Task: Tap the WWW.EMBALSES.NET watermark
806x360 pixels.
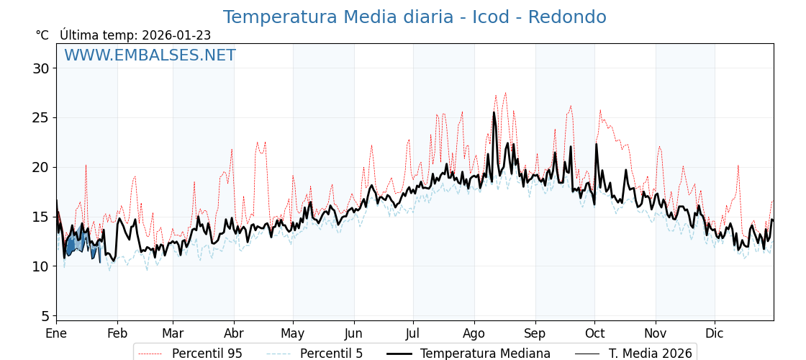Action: point(150,55)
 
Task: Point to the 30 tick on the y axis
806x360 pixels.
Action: point(40,68)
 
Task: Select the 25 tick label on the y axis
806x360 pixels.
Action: point(40,117)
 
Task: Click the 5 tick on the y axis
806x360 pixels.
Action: point(45,316)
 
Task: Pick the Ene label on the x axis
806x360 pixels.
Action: point(56,333)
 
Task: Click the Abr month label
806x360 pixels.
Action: point(234,333)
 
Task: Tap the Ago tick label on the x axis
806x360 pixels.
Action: point(474,333)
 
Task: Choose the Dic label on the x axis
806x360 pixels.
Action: point(715,333)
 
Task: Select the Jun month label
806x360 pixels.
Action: point(353,333)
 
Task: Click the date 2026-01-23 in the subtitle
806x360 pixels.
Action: point(176,35)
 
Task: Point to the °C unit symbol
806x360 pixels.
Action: point(42,35)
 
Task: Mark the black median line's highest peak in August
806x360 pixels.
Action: point(494,113)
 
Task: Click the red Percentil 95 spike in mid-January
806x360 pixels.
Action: point(86,166)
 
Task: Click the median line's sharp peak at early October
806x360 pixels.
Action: point(596,145)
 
